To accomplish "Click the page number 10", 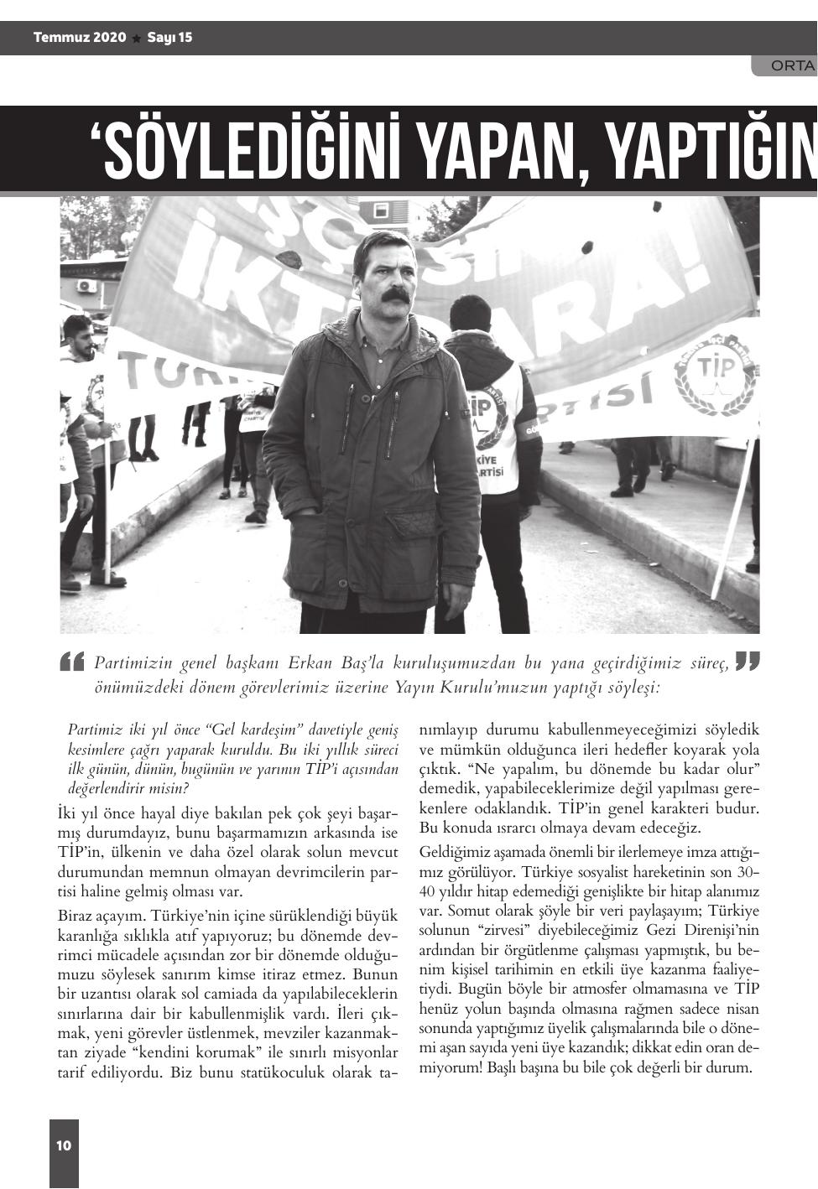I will click(x=64, y=1145).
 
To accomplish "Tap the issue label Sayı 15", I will click(x=169, y=38).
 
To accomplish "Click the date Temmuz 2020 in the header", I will click(x=80, y=38).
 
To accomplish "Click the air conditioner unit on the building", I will click(x=86, y=285).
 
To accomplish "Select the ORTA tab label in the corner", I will click(x=792, y=65).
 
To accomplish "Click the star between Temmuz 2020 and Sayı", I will click(x=137, y=39).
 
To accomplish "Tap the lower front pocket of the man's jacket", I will click(x=411, y=527).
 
